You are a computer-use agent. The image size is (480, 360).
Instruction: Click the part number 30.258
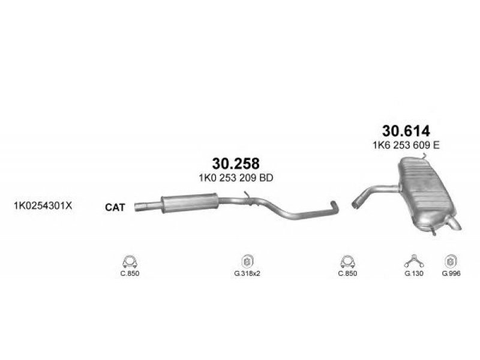point(236,163)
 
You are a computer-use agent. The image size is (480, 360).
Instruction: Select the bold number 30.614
point(406,131)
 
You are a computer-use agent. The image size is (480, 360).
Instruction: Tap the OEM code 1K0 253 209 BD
point(236,178)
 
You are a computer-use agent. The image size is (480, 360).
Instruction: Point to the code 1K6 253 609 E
point(406,145)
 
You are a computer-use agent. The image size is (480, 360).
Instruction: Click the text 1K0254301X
point(43,205)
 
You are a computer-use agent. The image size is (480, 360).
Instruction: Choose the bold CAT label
point(115,207)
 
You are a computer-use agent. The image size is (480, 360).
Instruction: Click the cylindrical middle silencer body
point(190,203)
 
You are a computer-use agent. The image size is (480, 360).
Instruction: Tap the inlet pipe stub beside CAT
point(148,206)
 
